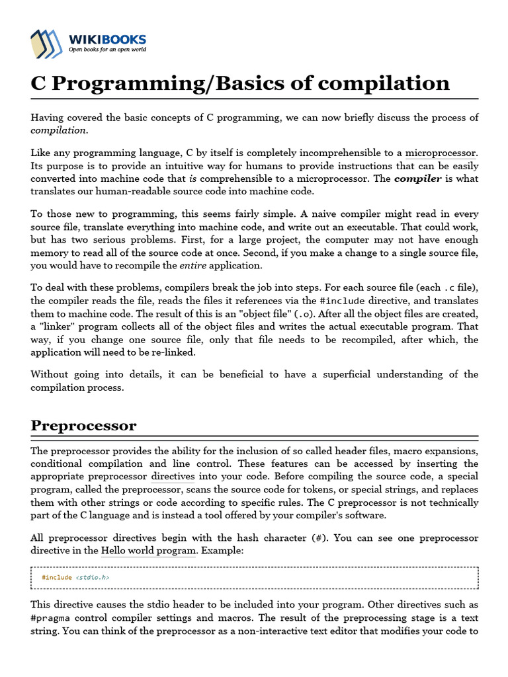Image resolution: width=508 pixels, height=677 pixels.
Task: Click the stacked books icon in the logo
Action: click(48, 44)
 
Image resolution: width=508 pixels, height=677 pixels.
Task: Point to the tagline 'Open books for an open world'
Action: click(108, 50)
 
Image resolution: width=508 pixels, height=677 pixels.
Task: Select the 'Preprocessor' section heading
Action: click(83, 425)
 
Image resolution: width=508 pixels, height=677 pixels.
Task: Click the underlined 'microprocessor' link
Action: click(441, 153)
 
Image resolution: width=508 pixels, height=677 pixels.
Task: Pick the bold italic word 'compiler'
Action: click(417, 179)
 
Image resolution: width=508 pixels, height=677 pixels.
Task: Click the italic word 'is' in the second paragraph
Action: click(192, 179)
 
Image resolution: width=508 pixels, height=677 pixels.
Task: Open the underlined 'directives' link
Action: click(173, 477)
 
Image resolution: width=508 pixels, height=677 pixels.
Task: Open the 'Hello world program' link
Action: click(148, 551)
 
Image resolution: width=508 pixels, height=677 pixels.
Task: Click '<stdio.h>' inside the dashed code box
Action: click(93, 577)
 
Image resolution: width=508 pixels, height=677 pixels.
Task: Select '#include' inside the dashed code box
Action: click(57, 577)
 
